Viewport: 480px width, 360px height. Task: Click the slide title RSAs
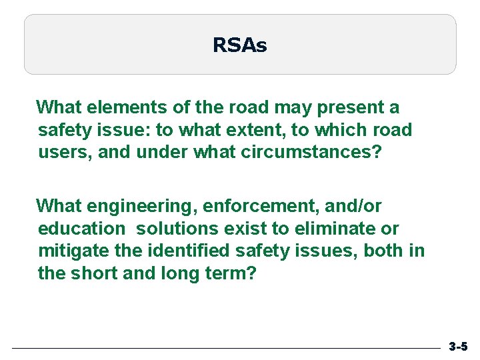click(240, 45)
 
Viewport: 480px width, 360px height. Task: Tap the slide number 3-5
click(458, 347)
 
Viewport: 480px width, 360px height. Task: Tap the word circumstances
click(311, 153)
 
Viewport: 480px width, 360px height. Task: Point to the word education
click(81, 229)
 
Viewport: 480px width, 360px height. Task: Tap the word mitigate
click(69, 251)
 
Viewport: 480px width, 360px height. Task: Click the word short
click(95, 274)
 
